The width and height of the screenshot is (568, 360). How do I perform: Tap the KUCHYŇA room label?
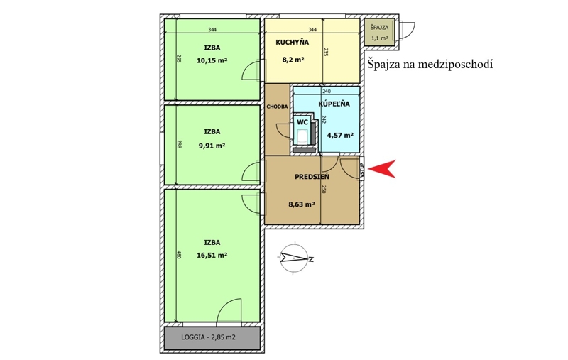click(293, 42)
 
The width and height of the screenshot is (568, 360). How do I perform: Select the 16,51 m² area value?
click(212, 255)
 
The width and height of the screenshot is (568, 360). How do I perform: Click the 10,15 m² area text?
click(212, 60)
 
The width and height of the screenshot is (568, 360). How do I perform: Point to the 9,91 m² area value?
click(212, 146)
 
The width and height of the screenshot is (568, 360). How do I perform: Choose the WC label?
click(302, 122)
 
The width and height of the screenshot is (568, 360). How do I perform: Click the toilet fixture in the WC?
click(302, 136)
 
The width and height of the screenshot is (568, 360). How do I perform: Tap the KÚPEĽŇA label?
click(334, 104)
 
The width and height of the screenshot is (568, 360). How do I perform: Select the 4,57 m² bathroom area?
click(340, 136)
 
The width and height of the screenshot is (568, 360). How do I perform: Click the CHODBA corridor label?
click(277, 107)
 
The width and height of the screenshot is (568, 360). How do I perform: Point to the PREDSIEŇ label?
click(312, 177)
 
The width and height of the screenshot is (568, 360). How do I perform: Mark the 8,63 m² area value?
click(301, 204)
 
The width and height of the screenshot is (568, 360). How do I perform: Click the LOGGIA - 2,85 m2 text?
click(208, 337)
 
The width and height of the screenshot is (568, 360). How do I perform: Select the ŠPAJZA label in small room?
click(379, 27)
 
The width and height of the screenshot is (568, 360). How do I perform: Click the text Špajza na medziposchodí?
click(430, 65)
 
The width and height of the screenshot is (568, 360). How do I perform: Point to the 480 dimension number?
click(178, 254)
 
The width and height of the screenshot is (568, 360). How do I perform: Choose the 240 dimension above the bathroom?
click(327, 92)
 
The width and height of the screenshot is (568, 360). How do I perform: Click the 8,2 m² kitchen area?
click(293, 60)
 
